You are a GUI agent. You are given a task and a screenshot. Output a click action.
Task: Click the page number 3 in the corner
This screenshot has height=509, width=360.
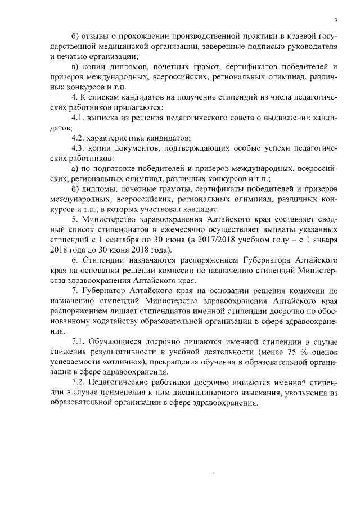click(335, 20)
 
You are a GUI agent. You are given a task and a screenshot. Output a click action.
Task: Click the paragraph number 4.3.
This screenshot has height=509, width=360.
click(79, 148)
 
